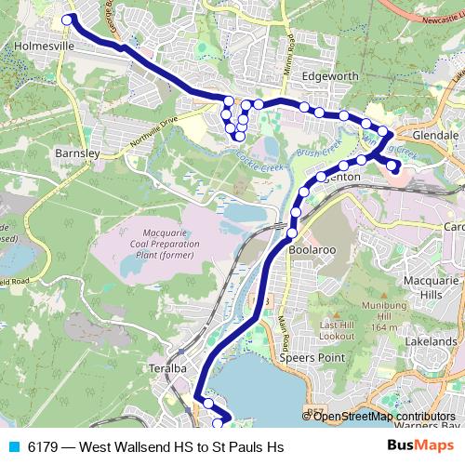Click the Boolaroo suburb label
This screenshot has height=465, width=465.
[x=311, y=249]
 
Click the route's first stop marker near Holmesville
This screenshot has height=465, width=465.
[x=66, y=19]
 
